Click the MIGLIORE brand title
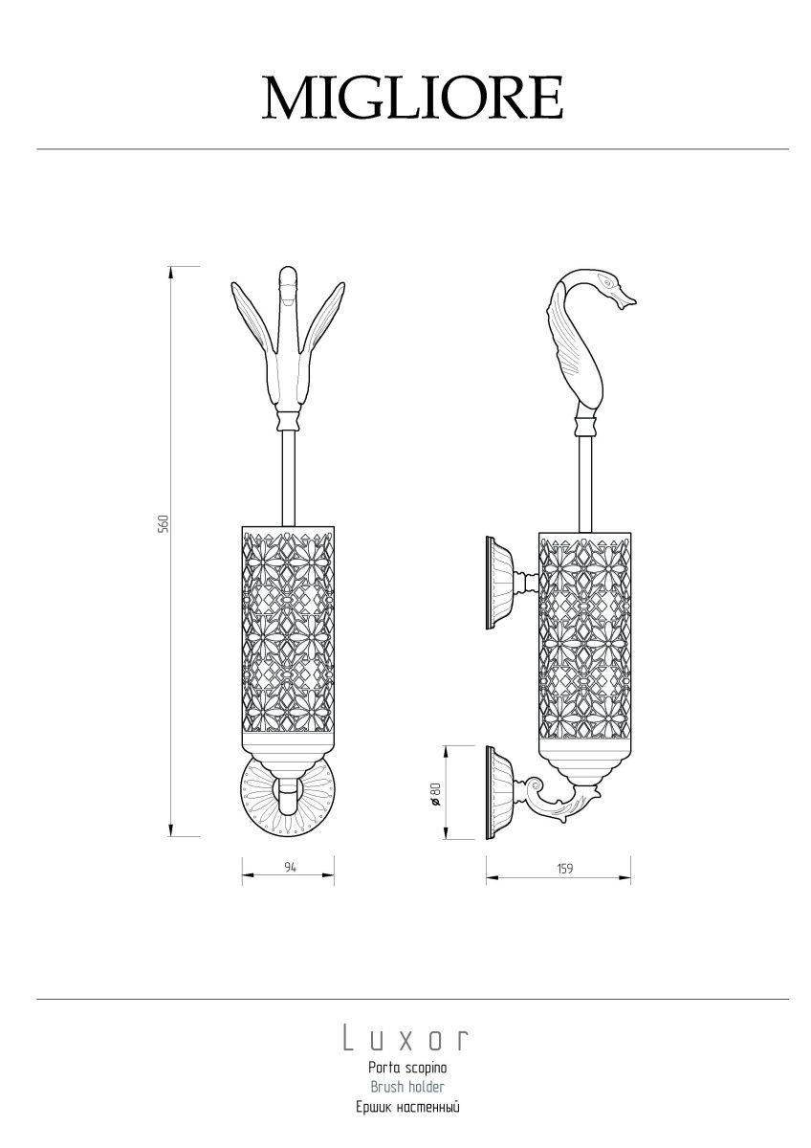point(413,98)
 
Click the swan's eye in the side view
point(607,282)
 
